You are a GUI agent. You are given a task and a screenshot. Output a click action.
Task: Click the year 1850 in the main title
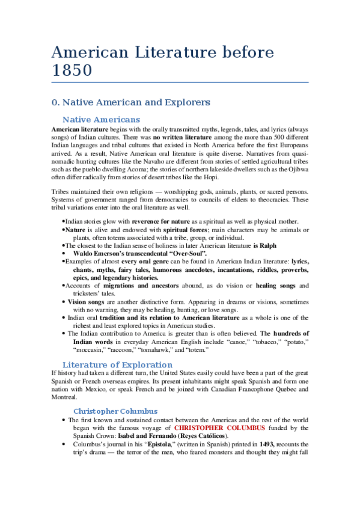tap(72, 70)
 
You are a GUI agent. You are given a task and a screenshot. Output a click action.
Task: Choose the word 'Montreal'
tap(64, 397)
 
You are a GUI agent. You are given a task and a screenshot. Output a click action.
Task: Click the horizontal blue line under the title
tap(180, 82)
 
